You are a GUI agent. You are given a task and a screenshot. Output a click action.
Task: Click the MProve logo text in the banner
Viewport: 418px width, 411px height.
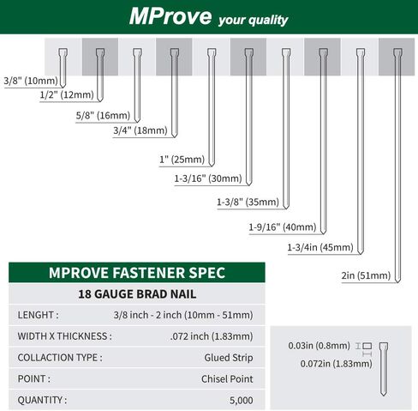click(163, 16)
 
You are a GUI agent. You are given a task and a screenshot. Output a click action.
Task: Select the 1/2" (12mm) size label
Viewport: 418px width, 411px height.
click(67, 94)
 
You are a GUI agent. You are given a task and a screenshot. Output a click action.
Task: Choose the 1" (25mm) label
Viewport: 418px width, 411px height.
click(182, 160)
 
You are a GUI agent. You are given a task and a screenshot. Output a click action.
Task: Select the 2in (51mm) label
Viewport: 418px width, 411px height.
click(365, 275)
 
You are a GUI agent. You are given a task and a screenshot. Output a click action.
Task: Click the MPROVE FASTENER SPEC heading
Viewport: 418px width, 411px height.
click(137, 274)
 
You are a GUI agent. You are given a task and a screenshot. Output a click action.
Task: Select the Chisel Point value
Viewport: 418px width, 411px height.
click(228, 378)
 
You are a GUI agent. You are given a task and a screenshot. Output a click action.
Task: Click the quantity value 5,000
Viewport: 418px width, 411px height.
click(240, 398)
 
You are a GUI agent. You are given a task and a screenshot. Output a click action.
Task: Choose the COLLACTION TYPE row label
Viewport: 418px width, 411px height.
click(60, 357)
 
